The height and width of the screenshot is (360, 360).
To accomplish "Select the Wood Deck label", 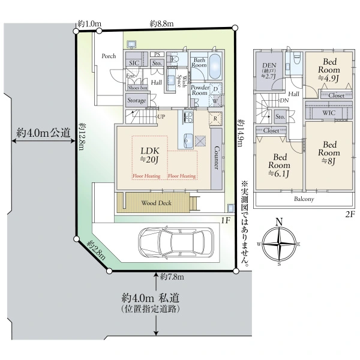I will pos(157,203).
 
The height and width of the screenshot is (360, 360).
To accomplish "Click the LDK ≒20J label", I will pos(149,154).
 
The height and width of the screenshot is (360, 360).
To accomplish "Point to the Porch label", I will pos(109,56).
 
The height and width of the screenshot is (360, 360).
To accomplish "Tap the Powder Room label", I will pos(199,90).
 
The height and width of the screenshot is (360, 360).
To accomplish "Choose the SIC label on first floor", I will pos(133,62).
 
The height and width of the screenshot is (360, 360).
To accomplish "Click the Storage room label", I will pos(136,101).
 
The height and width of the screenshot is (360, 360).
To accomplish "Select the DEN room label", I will pos(267,67).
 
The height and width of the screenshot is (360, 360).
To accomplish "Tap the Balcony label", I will pos(305,199).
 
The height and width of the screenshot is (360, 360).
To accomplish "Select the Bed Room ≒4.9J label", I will pos(330,70).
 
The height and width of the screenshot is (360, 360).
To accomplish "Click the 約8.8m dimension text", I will pos(161,23).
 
